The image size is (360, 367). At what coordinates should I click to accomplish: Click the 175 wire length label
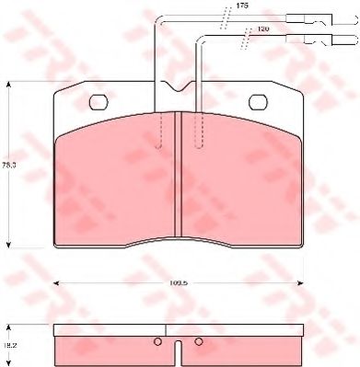click(242, 6)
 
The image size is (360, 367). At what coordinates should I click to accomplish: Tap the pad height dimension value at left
click(11, 165)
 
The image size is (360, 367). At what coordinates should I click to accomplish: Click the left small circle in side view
click(157, 344)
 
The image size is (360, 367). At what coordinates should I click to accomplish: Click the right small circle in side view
click(199, 344)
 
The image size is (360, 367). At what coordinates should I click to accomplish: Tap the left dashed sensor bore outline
click(162, 129)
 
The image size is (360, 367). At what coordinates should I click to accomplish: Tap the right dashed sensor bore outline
click(196, 129)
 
